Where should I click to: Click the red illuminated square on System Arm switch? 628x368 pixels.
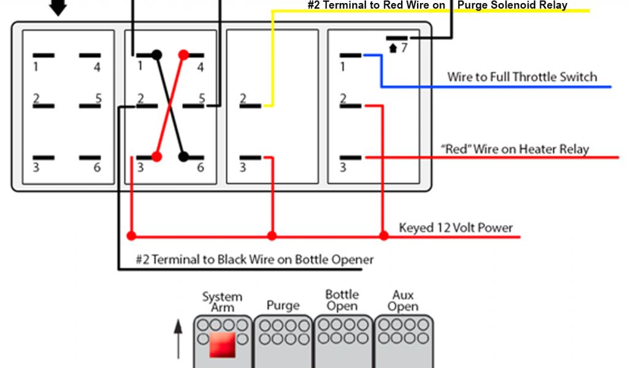[x=222, y=345]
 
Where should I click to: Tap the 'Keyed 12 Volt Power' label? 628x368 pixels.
[x=456, y=228]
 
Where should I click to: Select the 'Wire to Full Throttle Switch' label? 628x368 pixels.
[x=522, y=77]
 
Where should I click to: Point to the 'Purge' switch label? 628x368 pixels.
[x=283, y=305]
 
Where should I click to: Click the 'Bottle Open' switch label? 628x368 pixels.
[x=342, y=300]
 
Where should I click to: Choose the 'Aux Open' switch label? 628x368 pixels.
[x=403, y=300]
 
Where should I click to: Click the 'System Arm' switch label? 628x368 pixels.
[x=222, y=302]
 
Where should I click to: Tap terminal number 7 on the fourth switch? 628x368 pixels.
[x=403, y=47]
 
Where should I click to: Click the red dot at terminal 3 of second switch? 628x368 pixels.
[x=156, y=156]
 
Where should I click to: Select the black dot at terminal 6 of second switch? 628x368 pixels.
[x=183, y=156]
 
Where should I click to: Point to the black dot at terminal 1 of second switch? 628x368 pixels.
[x=157, y=55]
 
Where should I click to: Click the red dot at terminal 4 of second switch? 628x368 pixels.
[x=183, y=55]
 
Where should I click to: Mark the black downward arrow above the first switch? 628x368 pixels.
[x=58, y=7]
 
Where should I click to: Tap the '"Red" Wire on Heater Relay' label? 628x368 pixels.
[x=515, y=149]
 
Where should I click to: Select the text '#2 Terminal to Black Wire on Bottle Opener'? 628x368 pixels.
[x=255, y=259]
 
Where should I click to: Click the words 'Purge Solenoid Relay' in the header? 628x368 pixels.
[x=513, y=6]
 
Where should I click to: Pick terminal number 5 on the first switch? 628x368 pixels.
[x=97, y=98]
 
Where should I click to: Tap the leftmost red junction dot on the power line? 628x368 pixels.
[x=131, y=236]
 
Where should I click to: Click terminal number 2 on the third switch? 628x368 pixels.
[x=243, y=98]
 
